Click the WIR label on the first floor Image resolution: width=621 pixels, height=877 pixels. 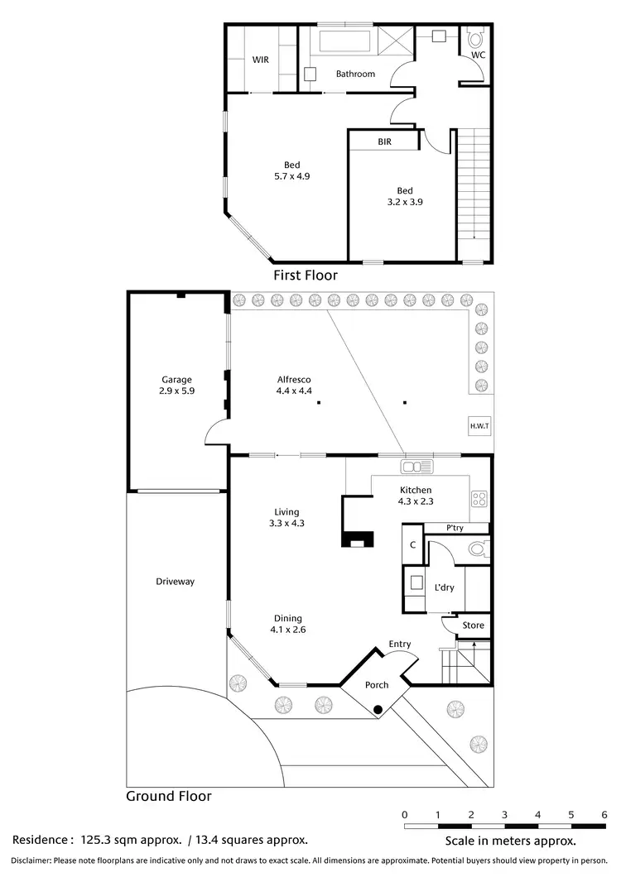coord(260,60)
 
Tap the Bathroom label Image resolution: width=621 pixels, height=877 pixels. coord(355,74)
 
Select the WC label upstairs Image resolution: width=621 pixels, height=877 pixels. coord(478,55)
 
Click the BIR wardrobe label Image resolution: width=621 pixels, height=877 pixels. coord(384,141)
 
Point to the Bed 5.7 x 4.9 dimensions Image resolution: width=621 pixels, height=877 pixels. coord(291,176)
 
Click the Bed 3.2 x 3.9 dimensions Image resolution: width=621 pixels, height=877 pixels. coord(405,200)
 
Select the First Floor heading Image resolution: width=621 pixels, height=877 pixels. coord(306,276)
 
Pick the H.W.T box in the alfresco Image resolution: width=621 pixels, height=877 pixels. coord(479,425)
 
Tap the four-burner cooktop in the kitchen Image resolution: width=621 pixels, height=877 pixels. coord(479,498)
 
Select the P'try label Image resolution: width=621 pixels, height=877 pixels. coord(455,529)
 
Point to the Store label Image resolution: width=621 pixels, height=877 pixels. coord(473,625)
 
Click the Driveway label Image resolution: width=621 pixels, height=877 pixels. coord(175,582)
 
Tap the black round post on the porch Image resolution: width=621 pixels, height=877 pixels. coord(378,709)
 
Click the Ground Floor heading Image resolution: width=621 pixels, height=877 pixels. coord(168,797)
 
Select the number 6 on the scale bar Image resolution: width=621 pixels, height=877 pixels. coord(604,814)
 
